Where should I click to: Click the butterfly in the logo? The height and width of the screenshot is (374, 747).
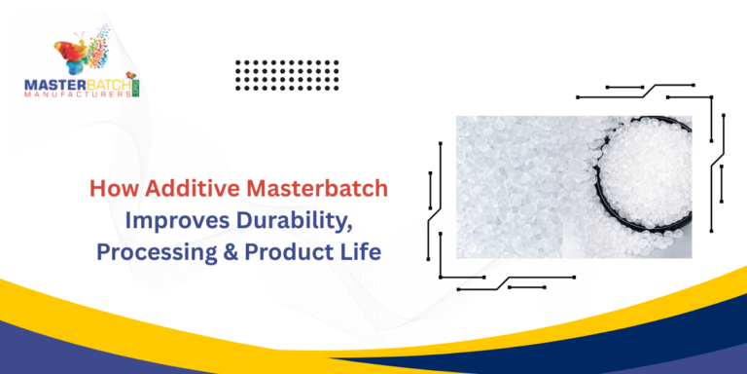83,56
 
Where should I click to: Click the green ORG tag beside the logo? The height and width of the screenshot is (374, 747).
138,87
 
